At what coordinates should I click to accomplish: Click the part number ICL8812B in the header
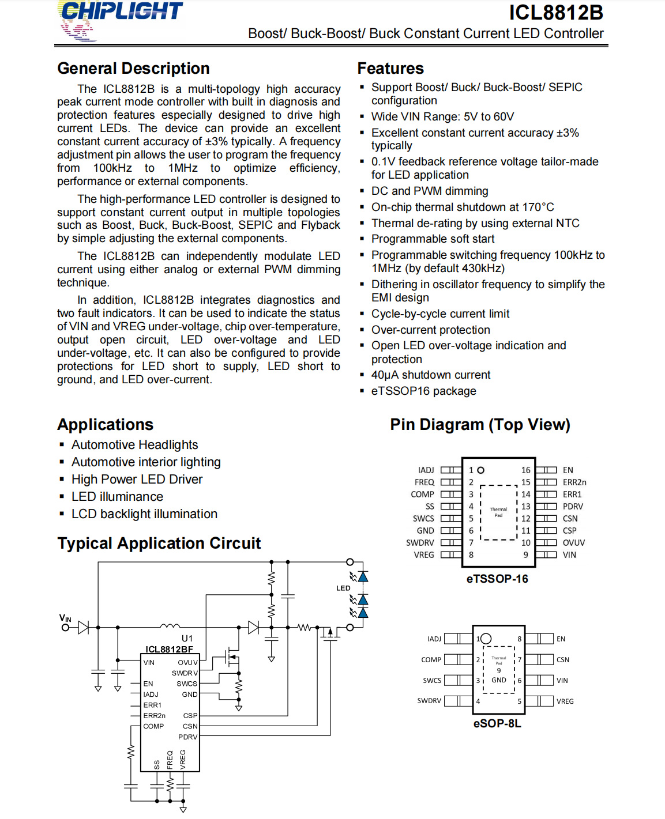[x=555, y=13]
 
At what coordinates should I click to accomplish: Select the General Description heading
[x=133, y=69]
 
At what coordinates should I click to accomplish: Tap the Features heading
[x=390, y=69]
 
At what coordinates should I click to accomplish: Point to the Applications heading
[x=105, y=425]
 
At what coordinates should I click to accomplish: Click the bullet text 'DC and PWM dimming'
[x=430, y=191]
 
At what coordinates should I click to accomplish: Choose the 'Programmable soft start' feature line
[x=433, y=239]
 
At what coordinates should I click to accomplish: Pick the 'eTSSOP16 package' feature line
[x=423, y=391]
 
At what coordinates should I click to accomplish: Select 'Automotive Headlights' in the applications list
[x=134, y=445]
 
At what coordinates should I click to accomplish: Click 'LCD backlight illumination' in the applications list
[x=144, y=514]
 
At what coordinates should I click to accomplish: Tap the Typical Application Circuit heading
[x=159, y=544]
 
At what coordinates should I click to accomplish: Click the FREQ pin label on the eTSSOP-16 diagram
[x=424, y=482]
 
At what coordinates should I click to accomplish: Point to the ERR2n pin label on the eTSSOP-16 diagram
[x=574, y=482]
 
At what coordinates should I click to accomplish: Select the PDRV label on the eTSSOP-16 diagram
[x=573, y=507]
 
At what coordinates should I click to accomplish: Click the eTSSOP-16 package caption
[x=497, y=579]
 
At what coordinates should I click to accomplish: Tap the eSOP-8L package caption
[x=497, y=723]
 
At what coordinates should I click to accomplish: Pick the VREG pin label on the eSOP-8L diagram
[x=565, y=701]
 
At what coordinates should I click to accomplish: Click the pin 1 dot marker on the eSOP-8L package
[x=486, y=639]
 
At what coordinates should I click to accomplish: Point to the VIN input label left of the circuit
[x=65, y=618]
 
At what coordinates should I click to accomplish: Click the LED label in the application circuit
[x=343, y=588]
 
